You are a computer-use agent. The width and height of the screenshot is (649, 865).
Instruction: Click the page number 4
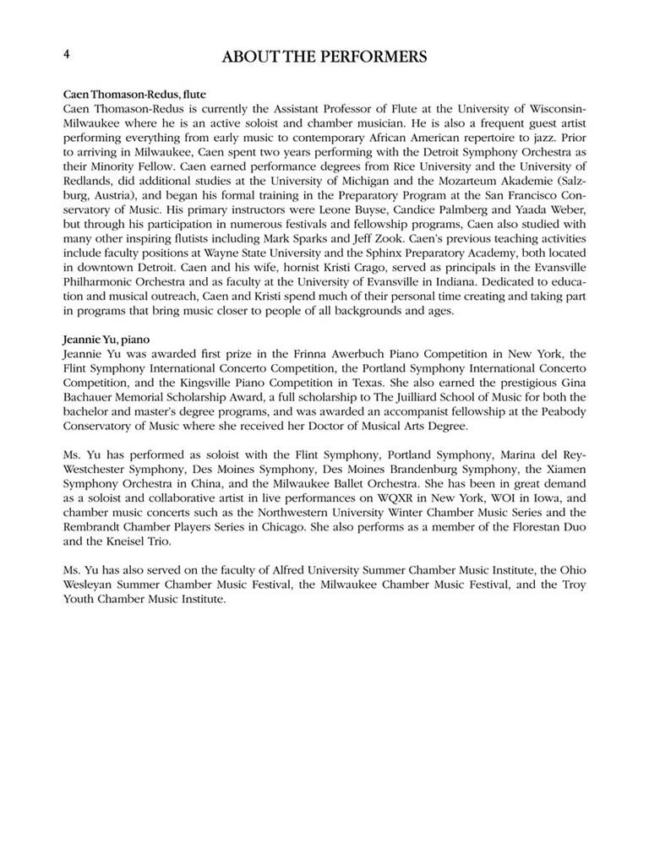(x=66, y=52)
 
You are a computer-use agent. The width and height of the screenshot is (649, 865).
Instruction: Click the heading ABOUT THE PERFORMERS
(x=324, y=57)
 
